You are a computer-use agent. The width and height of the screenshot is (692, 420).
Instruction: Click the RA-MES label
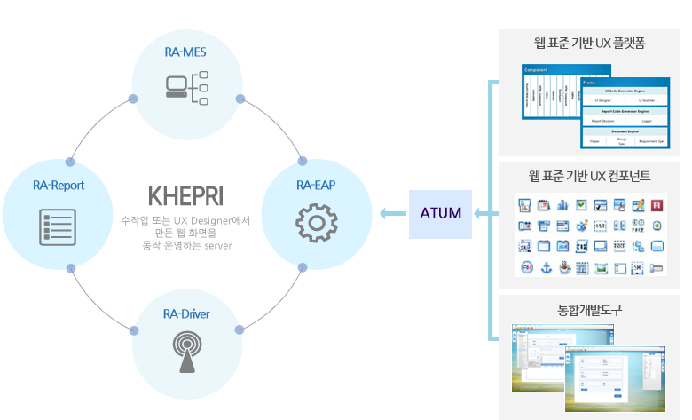tap(185, 52)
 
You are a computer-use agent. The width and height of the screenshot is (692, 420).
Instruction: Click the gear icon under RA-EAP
tap(316, 223)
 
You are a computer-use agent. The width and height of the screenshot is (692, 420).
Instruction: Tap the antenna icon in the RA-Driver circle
tap(186, 353)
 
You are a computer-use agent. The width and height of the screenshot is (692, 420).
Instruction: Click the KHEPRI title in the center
tap(185, 194)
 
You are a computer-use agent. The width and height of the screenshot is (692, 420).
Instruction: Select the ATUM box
tap(441, 213)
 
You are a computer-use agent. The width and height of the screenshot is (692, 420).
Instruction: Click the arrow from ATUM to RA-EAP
tap(390, 213)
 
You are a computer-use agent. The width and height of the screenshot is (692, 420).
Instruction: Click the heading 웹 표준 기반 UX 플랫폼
tap(589, 43)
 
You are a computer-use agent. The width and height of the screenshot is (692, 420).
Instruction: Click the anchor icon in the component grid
tap(546, 268)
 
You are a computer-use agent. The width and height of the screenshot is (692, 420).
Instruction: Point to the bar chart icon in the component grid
tap(562, 205)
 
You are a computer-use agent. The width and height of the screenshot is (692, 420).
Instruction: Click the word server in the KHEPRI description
tap(216, 245)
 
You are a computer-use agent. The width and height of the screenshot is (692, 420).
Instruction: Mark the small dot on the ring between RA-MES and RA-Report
tap(133, 98)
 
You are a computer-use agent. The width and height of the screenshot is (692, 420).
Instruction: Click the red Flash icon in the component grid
tap(656, 205)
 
